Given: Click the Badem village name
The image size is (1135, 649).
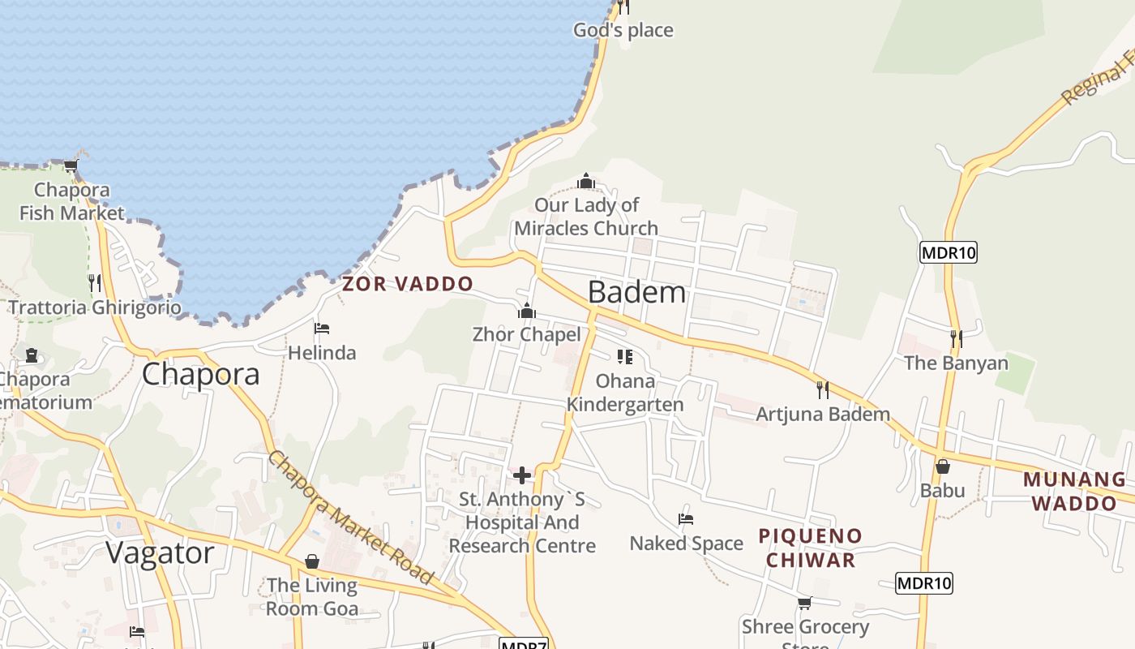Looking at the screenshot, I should pyautogui.click(x=636, y=292).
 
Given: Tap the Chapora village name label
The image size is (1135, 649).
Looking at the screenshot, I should pyautogui.click(x=201, y=374).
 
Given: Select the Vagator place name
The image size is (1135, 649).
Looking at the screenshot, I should pyautogui.click(x=160, y=553).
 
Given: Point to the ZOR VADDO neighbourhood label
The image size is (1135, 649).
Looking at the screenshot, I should pyautogui.click(x=407, y=284).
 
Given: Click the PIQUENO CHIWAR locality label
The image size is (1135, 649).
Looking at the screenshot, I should pyautogui.click(x=811, y=548).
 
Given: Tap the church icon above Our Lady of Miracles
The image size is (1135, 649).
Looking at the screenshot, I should pyautogui.click(x=586, y=180).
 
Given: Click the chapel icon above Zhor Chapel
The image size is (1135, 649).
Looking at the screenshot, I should pyautogui.click(x=527, y=311).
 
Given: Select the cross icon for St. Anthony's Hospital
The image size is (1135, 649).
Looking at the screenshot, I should pyautogui.click(x=522, y=475).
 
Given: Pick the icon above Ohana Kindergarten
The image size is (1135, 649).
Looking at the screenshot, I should pyautogui.click(x=624, y=357).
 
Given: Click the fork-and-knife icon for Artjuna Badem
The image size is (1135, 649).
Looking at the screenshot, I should pyautogui.click(x=823, y=390).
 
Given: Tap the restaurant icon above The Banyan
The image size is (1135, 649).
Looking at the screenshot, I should pyautogui.click(x=957, y=338).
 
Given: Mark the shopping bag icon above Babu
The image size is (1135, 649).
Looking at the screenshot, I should pyautogui.click(x=942, y=466).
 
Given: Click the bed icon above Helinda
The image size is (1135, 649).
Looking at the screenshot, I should pyautogui.click(x=322, y=329).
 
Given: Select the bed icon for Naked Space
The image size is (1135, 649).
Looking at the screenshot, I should pyautogui.click(x=686, y=519).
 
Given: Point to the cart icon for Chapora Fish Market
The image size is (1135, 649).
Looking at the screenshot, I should pyautogui.click(x=71, y=166).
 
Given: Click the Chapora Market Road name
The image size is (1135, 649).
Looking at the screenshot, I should pyautogui.click(x=350, y=517).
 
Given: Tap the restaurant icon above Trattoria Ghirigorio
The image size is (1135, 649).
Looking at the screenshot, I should pyautogui.click(x=95, y=283).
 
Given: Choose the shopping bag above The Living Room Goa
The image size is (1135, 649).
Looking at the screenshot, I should pyautogui.click(x=312, y=561).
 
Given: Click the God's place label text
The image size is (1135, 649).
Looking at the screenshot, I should pyautogui.click(x=623, y=31).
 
